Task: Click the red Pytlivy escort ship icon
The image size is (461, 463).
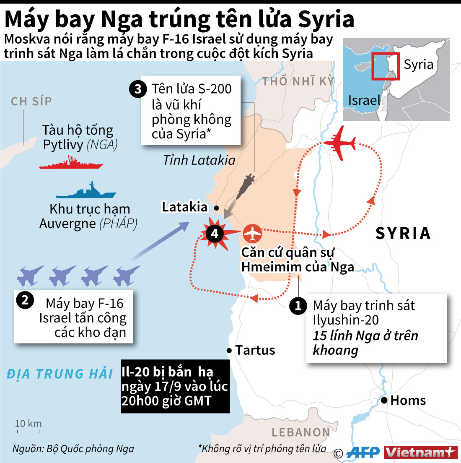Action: click(71, 163)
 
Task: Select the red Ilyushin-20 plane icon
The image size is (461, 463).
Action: click(340, 143)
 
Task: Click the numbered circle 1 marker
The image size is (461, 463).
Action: click(298, 306)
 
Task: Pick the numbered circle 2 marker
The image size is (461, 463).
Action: click(25, 300)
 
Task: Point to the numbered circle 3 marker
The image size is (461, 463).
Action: click(138, 89)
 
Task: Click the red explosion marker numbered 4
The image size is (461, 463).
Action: click(215, 233)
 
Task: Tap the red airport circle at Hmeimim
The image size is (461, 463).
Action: click(252, 234)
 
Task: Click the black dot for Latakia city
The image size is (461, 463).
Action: click(216, 208)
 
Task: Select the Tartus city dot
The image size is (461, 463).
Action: click(229, 350)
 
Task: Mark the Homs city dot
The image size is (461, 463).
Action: click(384, 401)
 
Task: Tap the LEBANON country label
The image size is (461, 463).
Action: click(301, 432)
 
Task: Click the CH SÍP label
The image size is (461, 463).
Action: click(31, 101)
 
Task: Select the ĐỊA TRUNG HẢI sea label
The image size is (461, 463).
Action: click(60, 374)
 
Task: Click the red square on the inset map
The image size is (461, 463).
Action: click(385, 66)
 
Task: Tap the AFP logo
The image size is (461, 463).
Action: click(363, 453)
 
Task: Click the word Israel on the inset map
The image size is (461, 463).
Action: click(364, 100)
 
